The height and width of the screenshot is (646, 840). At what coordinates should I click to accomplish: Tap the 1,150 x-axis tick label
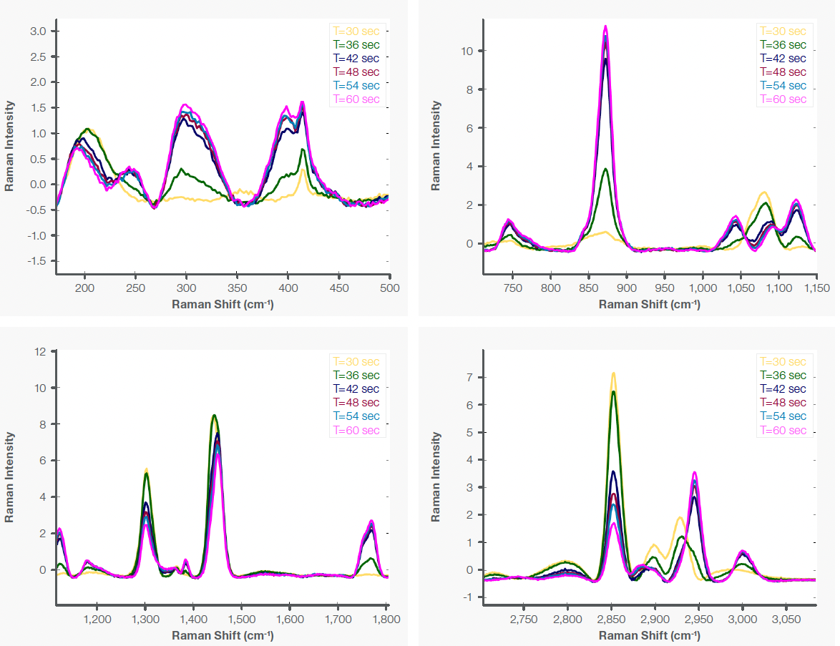pyautogui.click(x=816, y=288)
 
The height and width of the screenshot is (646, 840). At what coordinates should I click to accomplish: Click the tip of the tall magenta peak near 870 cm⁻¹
pyautogui.click(x=606, y=26)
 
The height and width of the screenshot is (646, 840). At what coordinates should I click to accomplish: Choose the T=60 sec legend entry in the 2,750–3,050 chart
pyautogui.click(x=783, y=430)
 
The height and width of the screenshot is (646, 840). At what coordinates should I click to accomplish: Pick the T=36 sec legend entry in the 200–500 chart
pyautogui.click(x=356, y=45)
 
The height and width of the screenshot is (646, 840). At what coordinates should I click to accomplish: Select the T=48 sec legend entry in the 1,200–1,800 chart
pyautogui.click(x=356, y=403)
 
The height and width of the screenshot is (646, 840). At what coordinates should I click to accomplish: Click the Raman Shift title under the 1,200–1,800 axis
pyautogui.click(x=223, y=634)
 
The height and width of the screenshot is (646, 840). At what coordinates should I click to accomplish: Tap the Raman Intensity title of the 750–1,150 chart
pyautogui.click(x=436, y=145)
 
